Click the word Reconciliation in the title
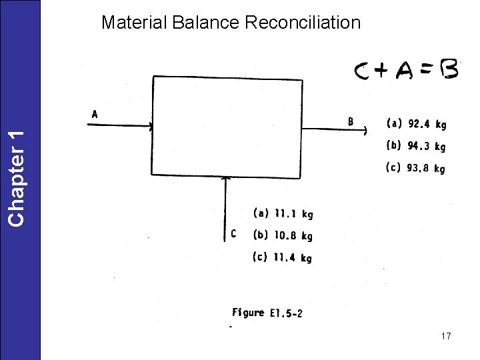point(303,23)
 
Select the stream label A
point(95,114)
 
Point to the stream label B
point(351,121)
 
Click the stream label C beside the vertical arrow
point(233,233)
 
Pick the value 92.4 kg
point(417,123)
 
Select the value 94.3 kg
point(417,146)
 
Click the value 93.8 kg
point(417,169)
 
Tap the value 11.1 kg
point(283,213)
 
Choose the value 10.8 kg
point(283,235)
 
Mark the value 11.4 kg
point(283,258)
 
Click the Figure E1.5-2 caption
point(267,312)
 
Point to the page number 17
point(446,336)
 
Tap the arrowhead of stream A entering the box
point(151,125)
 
